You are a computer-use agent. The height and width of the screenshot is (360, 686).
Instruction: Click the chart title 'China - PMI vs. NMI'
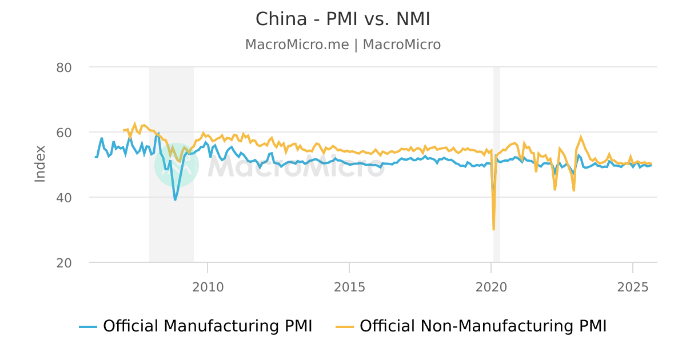(342, 19)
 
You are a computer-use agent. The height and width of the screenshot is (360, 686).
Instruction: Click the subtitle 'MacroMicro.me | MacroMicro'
(342, 45)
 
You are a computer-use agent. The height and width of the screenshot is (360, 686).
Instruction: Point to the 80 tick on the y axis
(64, 67)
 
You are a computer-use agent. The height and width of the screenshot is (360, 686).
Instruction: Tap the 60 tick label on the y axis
(64, 133)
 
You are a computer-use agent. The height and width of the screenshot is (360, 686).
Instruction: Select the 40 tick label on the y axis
(64, 198)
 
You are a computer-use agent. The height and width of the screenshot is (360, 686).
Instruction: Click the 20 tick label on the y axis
(64, 263)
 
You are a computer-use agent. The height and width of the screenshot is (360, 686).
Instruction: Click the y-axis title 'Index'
(40, 164)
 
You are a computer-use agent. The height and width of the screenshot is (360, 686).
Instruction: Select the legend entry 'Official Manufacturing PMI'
(207, 326)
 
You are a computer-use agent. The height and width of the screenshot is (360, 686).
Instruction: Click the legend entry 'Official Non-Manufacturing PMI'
(483, 326)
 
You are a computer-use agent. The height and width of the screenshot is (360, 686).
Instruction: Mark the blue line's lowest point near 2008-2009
(175, 199)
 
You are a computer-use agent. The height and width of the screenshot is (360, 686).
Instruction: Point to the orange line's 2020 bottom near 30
(493, 229)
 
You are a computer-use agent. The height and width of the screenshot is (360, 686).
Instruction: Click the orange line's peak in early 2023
(581, 137)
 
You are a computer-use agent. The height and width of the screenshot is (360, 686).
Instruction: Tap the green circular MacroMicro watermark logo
(177, 165)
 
